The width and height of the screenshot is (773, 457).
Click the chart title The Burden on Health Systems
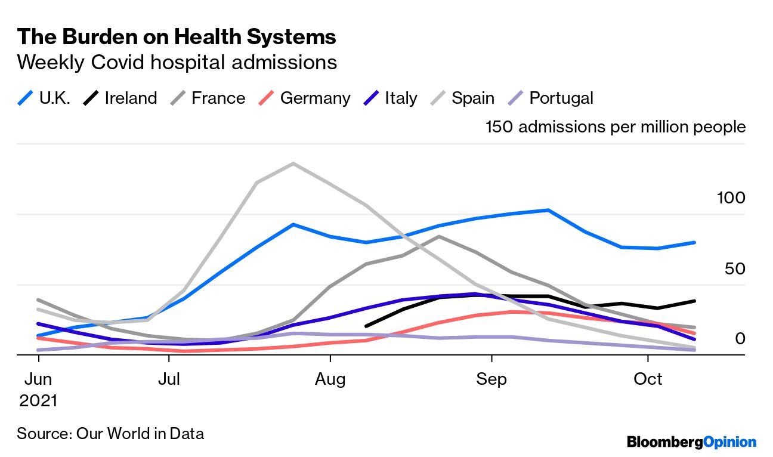click(177, 37)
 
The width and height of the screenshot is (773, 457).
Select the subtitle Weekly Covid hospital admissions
click(177, 62)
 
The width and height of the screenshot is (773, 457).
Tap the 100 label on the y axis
click(731, 198)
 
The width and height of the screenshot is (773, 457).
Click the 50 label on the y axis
click(735, 268)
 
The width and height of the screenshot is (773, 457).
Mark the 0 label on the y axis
click(740, 339)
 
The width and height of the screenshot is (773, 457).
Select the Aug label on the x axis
click(330, 379)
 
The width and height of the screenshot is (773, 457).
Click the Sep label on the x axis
click(491, 379)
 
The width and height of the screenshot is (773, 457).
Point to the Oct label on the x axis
click(648, 379)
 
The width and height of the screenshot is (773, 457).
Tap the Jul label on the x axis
click(169, 379)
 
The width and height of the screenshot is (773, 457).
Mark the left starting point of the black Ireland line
click(366, 326)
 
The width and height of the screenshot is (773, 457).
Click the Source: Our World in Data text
click(110, 433)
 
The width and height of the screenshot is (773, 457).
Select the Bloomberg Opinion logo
click(691, 442)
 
